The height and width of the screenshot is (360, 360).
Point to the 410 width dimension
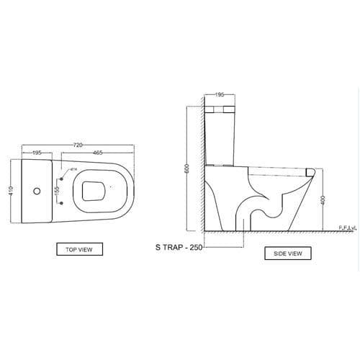click(x=11, y=192)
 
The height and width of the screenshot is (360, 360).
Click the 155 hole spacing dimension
click(x=57, y=191)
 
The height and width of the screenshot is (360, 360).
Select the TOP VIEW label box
click(x=79, y=249)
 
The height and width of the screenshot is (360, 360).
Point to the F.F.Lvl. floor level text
click(x=348, y=228)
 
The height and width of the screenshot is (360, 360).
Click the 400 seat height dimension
click(x=323, y=199)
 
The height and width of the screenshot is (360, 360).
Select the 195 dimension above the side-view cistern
click(x=220, y=95)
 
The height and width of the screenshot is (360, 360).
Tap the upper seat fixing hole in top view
click(x=62, y=178)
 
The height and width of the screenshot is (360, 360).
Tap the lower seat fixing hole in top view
click(x=62, y=204)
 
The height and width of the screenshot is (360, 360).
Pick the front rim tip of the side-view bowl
click(x=312, y=174)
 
